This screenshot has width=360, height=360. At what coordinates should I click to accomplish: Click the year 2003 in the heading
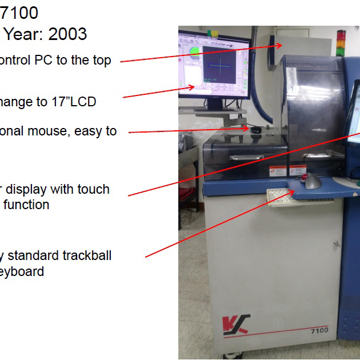tap(67, 34)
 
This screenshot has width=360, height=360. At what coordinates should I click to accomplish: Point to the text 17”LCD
tap(70, 102)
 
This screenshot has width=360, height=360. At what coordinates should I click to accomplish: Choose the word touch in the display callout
tap(93, 189)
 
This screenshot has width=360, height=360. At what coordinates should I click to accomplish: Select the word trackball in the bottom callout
tap(86, 255)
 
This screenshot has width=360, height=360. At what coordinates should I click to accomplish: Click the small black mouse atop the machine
tap(257, 130)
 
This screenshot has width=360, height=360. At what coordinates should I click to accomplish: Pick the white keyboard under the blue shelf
tap(282, 198)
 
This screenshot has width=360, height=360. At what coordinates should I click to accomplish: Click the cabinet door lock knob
tap(337, 244)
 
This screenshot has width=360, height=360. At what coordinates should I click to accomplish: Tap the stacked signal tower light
tap(342, 40)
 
